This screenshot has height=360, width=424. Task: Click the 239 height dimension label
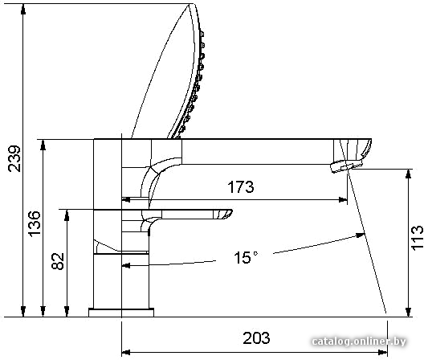pyautogui.click(x=14, y=158)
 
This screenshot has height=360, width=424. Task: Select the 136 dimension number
pyautogui.click(x=35, y=224)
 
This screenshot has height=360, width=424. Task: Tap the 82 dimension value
pyautogui.click(x=58, y=261)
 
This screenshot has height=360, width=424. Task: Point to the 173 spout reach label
pyautogui.click(x=241, y=186)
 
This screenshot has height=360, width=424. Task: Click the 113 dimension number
pyautogui.click(x=417, y=238)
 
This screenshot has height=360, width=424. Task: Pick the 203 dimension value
pyautogui.click(x=256, y=337)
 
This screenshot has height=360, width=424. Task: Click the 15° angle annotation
pyautogui.click(x=246, y=257)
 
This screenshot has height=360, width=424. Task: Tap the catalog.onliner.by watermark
pyautogui.click(x=359, y=342)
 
